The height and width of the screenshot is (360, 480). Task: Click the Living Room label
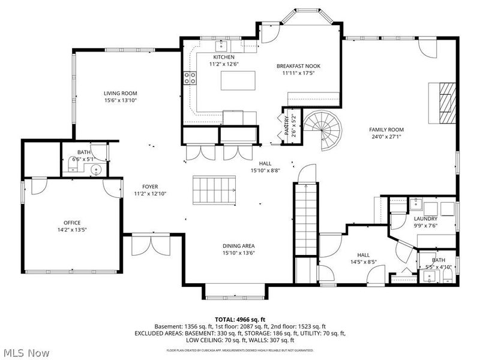coord(120,93)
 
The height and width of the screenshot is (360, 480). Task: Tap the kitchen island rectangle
coord(238,80)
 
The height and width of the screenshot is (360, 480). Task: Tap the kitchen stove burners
coord(190,76)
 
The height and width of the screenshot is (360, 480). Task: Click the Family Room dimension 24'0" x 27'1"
coord(386,137)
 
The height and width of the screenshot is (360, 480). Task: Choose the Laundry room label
coord(425,219)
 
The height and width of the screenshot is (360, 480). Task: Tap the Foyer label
coord(150,187)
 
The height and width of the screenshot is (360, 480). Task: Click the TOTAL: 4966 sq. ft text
coord(240,319)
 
